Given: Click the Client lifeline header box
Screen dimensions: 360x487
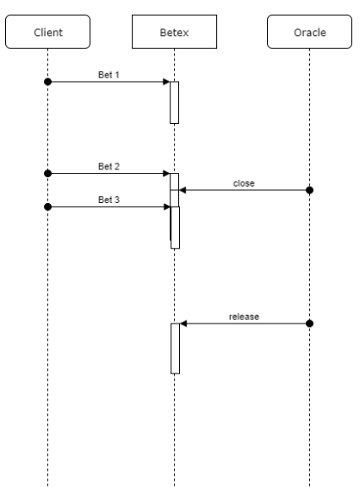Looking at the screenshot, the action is pyautogui.click(x=48, y=32).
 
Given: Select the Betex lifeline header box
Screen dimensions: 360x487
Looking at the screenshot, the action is pyautogui.click(x=175, y=32).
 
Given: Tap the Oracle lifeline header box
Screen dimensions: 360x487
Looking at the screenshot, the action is pyautogui.click(x=310, y=32).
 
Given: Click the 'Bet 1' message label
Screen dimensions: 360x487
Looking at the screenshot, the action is pyautogui.click(x=109, y=75).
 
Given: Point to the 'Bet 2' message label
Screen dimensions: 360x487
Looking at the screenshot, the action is pyautogui.click(x=109, y=166).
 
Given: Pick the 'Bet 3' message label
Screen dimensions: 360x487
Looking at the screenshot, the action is pyautogui.click(x=109, y=200).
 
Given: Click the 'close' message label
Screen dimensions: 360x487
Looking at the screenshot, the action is pyautogui.click(x=244, y=183).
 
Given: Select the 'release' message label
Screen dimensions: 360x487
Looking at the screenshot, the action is pyautogui.click(x=244, y=317).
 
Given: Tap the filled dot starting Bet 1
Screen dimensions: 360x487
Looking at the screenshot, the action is pyautogui.click(x=48, y=82).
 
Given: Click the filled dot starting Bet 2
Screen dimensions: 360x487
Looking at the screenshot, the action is pyautogui.click(x=48, y=173).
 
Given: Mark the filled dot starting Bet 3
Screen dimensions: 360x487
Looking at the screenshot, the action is pyautogui.click(x=48, y=207).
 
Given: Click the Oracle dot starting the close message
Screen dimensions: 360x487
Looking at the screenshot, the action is pyautogui.click(x=310, y=190).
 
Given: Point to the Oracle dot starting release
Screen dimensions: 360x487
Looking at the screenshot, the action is pyautogui.click(x=310, y=324).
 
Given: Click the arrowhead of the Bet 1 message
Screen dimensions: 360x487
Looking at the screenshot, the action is pyautogui.click(x=166, y=82).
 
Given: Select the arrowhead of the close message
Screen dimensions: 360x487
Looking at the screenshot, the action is pyautogui.click(x=183, y=190).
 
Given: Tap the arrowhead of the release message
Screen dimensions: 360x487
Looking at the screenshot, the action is pyautogui.click(x=183, y=324).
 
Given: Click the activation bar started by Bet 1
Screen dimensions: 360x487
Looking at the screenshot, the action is pyautogui.click(x=175, y=102).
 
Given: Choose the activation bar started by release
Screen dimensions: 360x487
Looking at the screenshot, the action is pyautogui.click(x=176, y=348).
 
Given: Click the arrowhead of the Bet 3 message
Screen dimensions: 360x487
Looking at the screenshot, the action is pyautogui.click(x=167, y=207).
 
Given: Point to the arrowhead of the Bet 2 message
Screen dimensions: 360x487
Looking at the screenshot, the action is pyautogui.click(x=166, y=173).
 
